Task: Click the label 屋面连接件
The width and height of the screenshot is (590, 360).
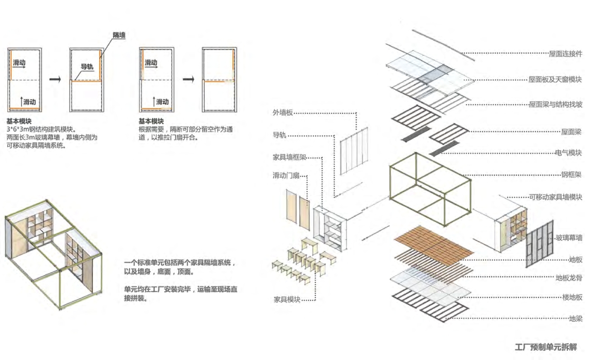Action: click(565, 53)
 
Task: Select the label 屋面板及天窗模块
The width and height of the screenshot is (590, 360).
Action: click(555, 79)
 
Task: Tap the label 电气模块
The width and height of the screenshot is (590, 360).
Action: click(568, 153)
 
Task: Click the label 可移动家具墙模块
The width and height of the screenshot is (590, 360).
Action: click(556, 197)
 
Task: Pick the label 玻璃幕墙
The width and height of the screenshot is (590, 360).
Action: click(569, 237)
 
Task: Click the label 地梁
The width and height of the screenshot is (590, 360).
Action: click(575, 318)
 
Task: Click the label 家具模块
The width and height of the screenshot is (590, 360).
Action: click(287, 299)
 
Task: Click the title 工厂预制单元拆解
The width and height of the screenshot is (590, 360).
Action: click(546, 347)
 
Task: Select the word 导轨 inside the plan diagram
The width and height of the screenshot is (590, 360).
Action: click(87, 67)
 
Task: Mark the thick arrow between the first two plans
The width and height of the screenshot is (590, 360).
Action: click(55, 79)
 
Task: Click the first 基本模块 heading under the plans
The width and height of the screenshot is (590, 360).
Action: click(19, 121)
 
